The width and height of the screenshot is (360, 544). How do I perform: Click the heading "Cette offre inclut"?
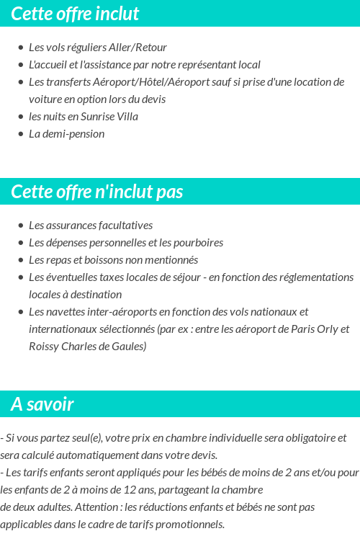click(x=75, y=14)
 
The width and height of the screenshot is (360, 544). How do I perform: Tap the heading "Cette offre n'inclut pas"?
click(x=97, y=192)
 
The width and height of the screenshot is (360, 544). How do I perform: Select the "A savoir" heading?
click(x=42, y=404)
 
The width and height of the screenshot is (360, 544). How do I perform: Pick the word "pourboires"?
click(x=198, y=243)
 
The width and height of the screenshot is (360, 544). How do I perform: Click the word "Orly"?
click(x=323, y=329)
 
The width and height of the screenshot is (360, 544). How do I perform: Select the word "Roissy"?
click(x=45, y=347)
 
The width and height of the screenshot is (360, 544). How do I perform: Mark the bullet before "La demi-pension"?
click(x=21, y=134)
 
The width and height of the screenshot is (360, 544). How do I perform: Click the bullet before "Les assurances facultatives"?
click(x=21, y=226)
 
